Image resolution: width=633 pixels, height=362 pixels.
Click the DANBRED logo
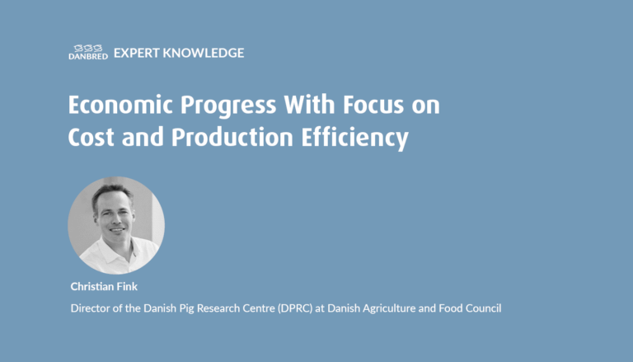tap(88, 53)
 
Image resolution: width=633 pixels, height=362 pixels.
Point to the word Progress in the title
tap(228, 106)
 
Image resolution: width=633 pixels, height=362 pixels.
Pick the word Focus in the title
tap(373, 105)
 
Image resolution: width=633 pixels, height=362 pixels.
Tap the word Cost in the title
tap(91, 137)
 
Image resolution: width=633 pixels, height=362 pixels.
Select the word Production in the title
tap(232, 137)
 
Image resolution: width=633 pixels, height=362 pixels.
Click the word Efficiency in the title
tap(355, 139)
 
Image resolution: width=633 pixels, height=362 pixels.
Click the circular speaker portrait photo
tap(116, 225)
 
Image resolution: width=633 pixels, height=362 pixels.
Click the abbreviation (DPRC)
tap(295, 308)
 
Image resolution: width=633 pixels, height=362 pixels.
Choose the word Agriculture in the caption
tap(389, 309)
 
